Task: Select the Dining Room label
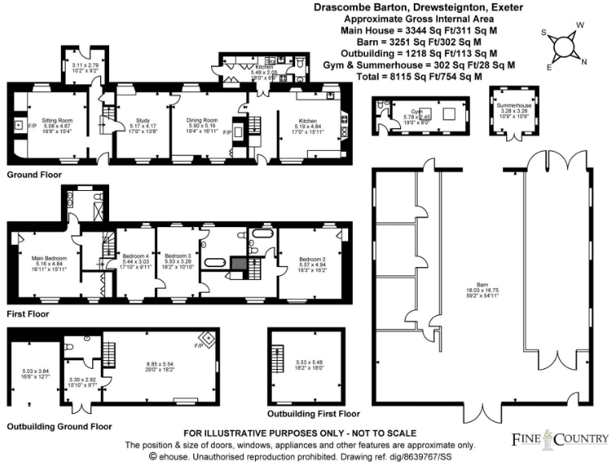(203, 119)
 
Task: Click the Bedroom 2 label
(311, 259)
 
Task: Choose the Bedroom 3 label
(177, 255)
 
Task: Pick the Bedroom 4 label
(134, 255)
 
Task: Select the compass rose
(565, 46)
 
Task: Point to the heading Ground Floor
(33, 174)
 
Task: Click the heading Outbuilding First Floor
(314, 414)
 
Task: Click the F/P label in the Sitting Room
(32, 127)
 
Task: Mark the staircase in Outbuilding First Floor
(278, 355)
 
